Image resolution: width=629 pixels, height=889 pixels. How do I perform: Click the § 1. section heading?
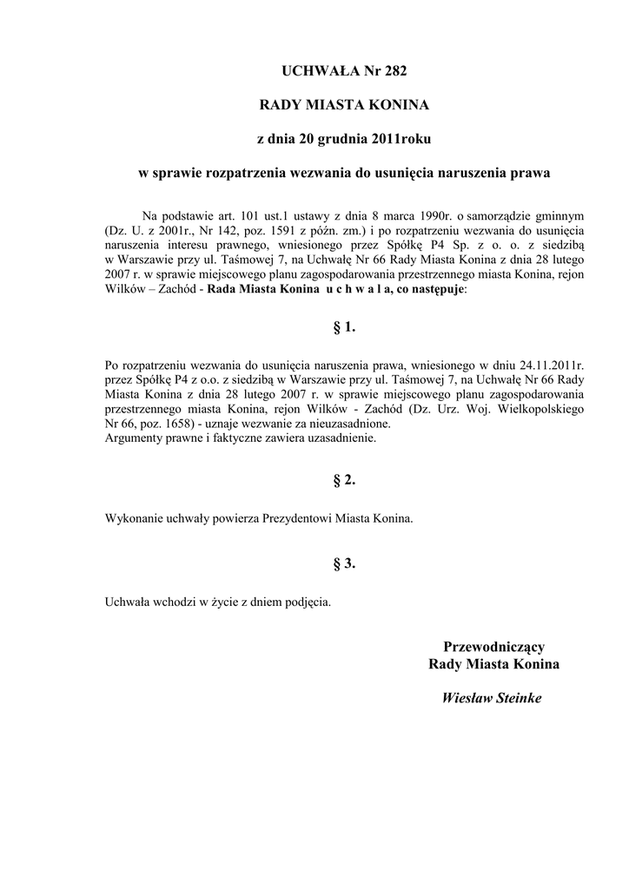click(345, 327)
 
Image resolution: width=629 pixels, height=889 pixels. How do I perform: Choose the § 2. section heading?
click(345, 479)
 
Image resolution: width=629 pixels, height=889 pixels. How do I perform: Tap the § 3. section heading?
click(345, 563)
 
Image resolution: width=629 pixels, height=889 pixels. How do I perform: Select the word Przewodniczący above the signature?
click(494, 646)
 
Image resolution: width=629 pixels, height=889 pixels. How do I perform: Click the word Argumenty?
click(134, 439)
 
